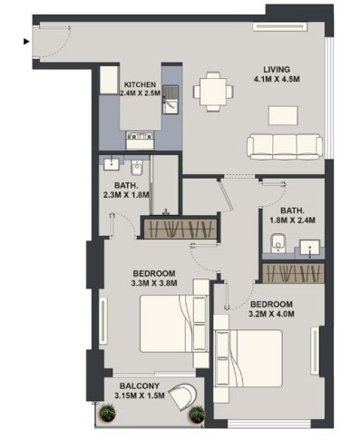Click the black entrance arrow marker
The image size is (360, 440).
pyautogui.click(x=26, y=42)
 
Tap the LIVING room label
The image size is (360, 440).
pyautogui.click(x=277, y=69)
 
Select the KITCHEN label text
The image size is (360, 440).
pyautogui.click(x=141, y=84)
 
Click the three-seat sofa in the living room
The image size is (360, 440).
pyautogui.click(x=285, y=147)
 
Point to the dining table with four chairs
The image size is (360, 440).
pyautogui.click(x=213, y=92)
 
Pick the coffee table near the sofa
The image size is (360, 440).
pyautogui.click(x=283, y=115)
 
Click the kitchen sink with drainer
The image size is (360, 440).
pyautogui.click(x=170, y=99)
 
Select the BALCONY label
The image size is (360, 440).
pyautogui.click(x=140, y=386)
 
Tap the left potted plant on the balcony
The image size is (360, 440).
pyautogui.click(x=107, y=413)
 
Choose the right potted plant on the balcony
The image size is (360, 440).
pyautogui.click(x=197, y=414)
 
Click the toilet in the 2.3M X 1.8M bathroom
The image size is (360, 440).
pyautogui.click(x=137, y=168)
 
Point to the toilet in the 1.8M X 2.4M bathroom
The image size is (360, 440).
pyautogui.click(x=277, y=243)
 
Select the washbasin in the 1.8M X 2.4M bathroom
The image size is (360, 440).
pyautogui.click(x=309, y=249)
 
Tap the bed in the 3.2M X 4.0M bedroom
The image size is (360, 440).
pyautogui.click(x=248, y=358)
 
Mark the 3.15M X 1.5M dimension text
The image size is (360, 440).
pyautogui.click(x=140, y=396)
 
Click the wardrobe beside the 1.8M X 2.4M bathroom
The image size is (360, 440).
pyautogui.click(x=293, y=273)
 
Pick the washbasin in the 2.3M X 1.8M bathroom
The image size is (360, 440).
pyautogui.click(x=112, y=163)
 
